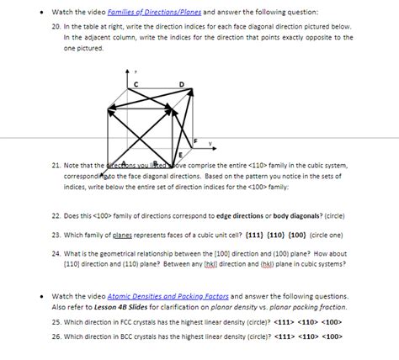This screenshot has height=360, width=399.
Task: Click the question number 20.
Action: coord(56,26)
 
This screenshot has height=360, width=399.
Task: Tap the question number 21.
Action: coord(56,166)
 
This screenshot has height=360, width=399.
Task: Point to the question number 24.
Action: coord(56,251)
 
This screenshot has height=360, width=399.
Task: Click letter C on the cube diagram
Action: coord(135,84)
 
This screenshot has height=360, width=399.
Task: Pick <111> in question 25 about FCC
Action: coord(283,322)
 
